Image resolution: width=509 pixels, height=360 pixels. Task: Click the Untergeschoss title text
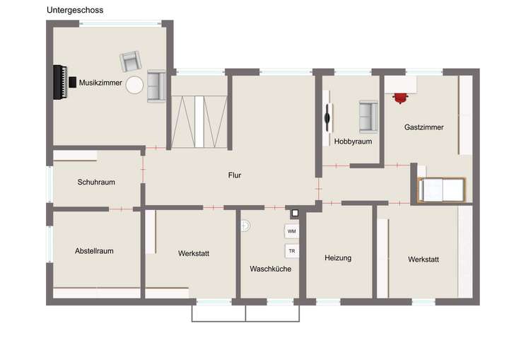tap(74, 10)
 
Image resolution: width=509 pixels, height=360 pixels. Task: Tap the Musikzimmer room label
tap(100, 83)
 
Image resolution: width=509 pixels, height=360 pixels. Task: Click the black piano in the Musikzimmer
tap(60, 83)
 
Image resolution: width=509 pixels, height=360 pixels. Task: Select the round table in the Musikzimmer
tap(134, 86)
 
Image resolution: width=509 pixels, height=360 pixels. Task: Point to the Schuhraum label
tap(96, 182)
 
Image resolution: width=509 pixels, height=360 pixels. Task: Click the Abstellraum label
tap(94, 250)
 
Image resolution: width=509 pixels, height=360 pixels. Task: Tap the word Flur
tap(235, 175)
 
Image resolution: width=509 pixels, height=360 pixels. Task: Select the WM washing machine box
tap(291, 231)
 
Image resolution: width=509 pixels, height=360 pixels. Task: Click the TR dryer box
tap(291, 250)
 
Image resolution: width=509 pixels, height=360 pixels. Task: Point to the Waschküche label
tap(270, 269)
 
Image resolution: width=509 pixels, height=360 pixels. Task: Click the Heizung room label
tap(338, 258)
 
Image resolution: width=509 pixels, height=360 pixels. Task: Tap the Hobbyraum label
tap(352, 141)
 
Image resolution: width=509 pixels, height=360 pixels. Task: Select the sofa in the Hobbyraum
tap(368, 117)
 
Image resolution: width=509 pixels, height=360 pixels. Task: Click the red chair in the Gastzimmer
tap(401, 97)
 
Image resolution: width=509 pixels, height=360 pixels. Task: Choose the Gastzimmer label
tap(424, 127)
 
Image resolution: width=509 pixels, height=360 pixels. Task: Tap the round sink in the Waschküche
tap(245, 226)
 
